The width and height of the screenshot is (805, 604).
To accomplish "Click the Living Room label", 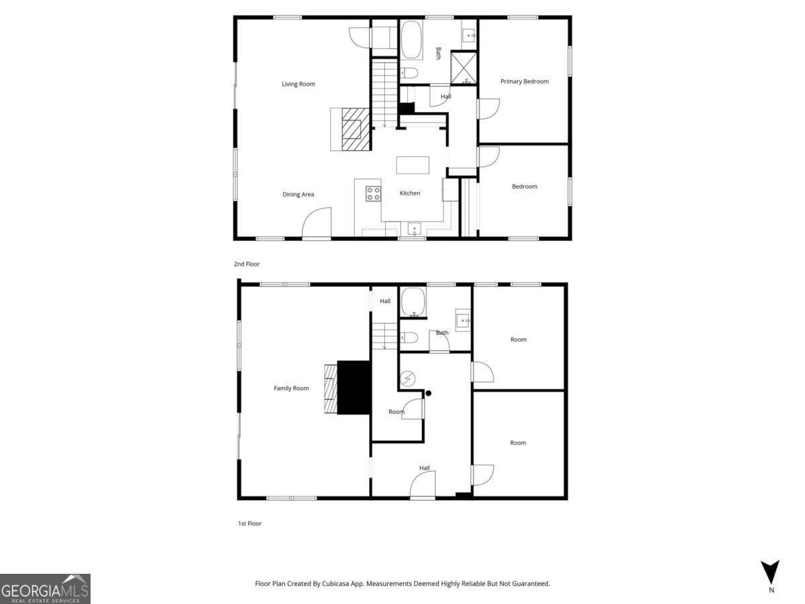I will [298, 84].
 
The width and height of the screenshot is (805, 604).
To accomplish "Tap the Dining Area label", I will [298, 195].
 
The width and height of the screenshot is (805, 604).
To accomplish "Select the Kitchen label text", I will [410, 193].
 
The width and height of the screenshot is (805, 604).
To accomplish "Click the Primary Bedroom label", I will [525, 81].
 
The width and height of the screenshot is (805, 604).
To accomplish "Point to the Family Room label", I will [291, 389].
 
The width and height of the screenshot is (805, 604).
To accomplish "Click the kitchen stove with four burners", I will [374, 194].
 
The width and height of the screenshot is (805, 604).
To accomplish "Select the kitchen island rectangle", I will [413, 165].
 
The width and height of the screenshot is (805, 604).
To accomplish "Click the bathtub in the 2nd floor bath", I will [411, 40].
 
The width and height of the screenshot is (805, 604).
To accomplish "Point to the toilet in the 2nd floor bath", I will [409, 72].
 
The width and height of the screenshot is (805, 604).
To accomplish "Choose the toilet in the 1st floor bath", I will [409, 338].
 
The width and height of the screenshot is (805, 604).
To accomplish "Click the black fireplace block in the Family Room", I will [354, 388].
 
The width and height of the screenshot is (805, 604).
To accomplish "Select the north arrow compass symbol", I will [771, 572].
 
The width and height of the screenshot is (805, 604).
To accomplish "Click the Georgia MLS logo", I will [45, 588].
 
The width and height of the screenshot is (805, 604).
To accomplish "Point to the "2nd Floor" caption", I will [247, 264].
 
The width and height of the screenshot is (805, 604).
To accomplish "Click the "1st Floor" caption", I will [250, 523].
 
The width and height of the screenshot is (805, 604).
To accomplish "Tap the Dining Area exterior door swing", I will [317, 223].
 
